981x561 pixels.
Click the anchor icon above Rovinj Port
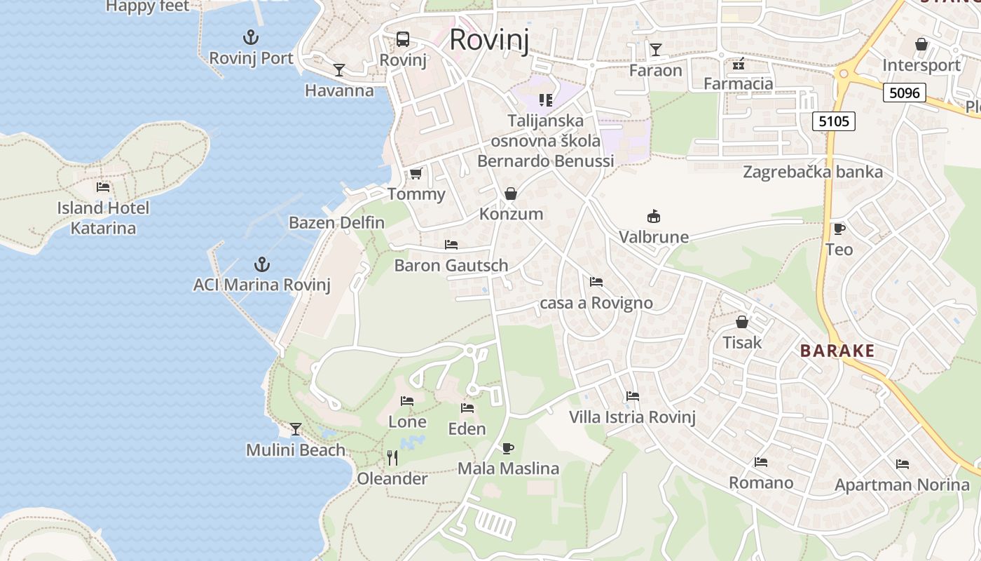(251, 37)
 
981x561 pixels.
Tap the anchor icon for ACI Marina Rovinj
(261, 264)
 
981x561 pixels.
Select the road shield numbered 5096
(905, 93)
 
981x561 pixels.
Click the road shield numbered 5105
(834, 121)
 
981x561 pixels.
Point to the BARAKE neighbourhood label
(837, 351)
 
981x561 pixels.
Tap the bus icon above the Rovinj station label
(403, 39)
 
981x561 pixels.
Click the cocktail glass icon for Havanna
(339, 69)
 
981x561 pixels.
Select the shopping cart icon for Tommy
(416, 173)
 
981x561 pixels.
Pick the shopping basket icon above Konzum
(511, 193)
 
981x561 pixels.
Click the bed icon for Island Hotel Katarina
(103, 187)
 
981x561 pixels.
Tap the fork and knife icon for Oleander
(392, 458)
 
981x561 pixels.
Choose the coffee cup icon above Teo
(839, 229)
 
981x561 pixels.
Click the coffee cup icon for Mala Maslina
(508, 448)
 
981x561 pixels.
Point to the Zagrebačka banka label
(813, 172)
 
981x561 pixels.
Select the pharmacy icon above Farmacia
(738, 64)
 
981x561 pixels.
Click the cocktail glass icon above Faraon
(655, 49)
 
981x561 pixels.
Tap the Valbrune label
(654, 237)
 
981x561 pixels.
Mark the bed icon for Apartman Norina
(902, 464)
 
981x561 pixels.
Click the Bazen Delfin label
(336, 223)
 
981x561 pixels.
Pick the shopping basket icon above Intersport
(921, 44)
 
